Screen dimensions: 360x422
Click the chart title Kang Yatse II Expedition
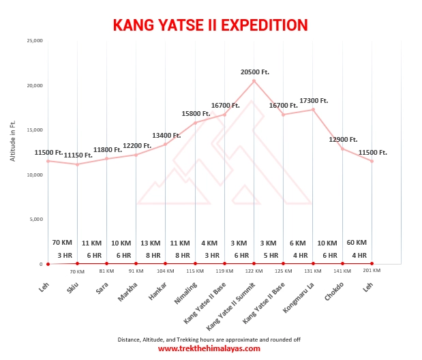pyautogui.click(x=210, y=25)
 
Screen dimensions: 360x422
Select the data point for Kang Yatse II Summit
pyautogui.click(x=254, y=81)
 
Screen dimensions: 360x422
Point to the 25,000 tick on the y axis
pyautogui.click(x=34, y=41)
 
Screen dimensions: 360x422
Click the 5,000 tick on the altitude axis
pyautogui.click(x=35, y=220)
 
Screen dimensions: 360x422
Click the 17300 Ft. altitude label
pyautogui.click(x=314, y=100)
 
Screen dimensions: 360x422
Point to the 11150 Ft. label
pyautogui.click(x=78, y=155)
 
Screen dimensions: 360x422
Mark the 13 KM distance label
pyautogui.click(x=151, y=243)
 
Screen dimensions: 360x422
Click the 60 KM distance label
pyautogui.click(x=357, y=243)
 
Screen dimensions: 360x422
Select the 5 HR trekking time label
pyautogui.click(x=271, y=255)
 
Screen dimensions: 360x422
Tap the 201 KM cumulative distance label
pyautogui.click(x=372, y=271)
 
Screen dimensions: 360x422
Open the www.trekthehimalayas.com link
pyautogui.click(x=209, y=348)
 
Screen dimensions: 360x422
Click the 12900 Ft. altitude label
pyautogui.click(x=343, y=139)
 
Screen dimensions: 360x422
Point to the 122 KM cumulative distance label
pyautogui.click(x=254, y=271)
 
